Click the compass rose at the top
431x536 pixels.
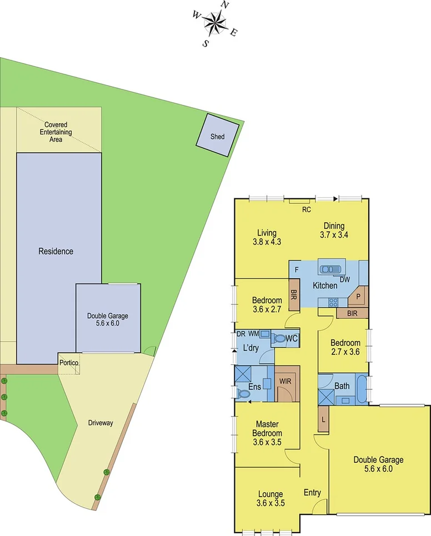(215, 23)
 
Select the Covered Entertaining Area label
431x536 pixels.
(56, 132)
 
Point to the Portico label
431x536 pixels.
(69, 363)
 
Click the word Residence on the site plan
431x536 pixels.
(56, 251)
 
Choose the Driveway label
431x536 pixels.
(101, 423)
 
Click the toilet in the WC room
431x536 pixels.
(279, 338)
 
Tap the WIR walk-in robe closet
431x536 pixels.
(285, 383)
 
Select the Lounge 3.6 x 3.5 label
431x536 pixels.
(270, 498)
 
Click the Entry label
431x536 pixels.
(312, 492)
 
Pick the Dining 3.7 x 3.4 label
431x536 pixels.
(334, 231)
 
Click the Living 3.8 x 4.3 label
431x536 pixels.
(267, 237)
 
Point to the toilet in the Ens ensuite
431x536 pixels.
(243, 393)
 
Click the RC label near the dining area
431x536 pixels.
(306, 210)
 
